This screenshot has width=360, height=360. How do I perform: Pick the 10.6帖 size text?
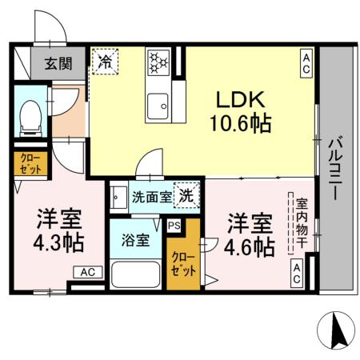[238, 123]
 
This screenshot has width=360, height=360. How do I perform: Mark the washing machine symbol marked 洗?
[185, 194]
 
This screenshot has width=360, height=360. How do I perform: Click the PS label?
[174, 225]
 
